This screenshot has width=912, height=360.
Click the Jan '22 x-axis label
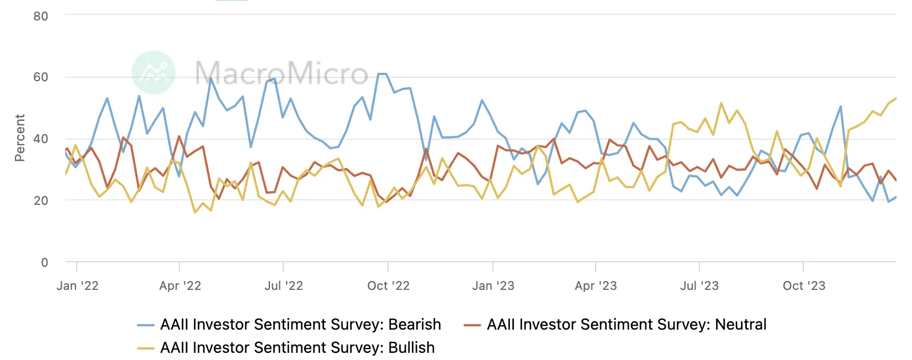tap(77, 285)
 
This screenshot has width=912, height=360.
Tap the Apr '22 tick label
tap(180, 285)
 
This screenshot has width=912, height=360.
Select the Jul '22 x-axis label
tap(284, 285)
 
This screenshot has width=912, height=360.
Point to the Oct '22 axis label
tap(388, 285)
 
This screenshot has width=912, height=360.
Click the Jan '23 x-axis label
tap(493, 285)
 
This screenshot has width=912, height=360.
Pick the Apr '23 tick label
tap(596, 285)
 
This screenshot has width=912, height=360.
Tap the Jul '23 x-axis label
tap(699, 285)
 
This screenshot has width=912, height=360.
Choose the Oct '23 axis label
tap(804, 285)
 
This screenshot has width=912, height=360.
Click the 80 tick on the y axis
tap(41, 16)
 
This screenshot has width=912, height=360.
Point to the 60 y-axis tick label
tap(41, 77)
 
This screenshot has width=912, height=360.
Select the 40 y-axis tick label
tap(41, 139)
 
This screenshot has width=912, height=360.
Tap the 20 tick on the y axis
tap(41, 200)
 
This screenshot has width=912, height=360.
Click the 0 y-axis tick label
tap(45, 262)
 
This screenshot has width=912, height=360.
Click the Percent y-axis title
tap(20, 138)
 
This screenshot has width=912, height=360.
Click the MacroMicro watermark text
tap(282, 73)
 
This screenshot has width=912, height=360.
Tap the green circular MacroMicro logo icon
tap(154, 72)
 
